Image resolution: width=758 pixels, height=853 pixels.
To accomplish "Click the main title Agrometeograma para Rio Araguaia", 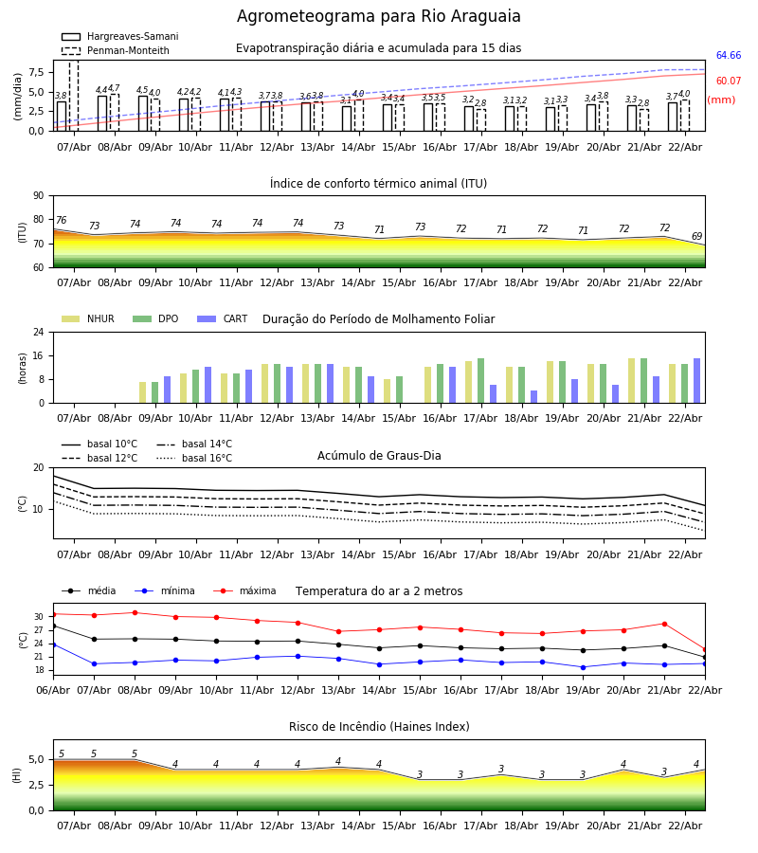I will pos(379,17).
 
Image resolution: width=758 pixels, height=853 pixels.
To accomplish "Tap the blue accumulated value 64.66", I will pos(728,56).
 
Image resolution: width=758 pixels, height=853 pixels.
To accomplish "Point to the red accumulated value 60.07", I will pos(728,82).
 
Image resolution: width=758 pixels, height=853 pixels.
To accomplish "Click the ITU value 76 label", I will pos(61,221).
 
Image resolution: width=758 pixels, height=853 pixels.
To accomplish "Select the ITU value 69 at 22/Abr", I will pos(696,237).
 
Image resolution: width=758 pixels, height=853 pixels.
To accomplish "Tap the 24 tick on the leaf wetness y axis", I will pos(40,333).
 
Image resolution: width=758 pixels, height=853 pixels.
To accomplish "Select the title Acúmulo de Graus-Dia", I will pos(379,456).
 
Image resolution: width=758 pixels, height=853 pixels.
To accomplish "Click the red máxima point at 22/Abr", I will pos(704,649).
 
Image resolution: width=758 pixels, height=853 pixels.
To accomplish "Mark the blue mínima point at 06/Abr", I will pos(53,644).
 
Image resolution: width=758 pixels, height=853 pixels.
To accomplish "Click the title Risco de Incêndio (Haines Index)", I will pos(379,727).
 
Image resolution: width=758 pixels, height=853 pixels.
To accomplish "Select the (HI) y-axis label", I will pos(17,775).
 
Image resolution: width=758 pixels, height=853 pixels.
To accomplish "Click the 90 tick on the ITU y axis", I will pos(38,196).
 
